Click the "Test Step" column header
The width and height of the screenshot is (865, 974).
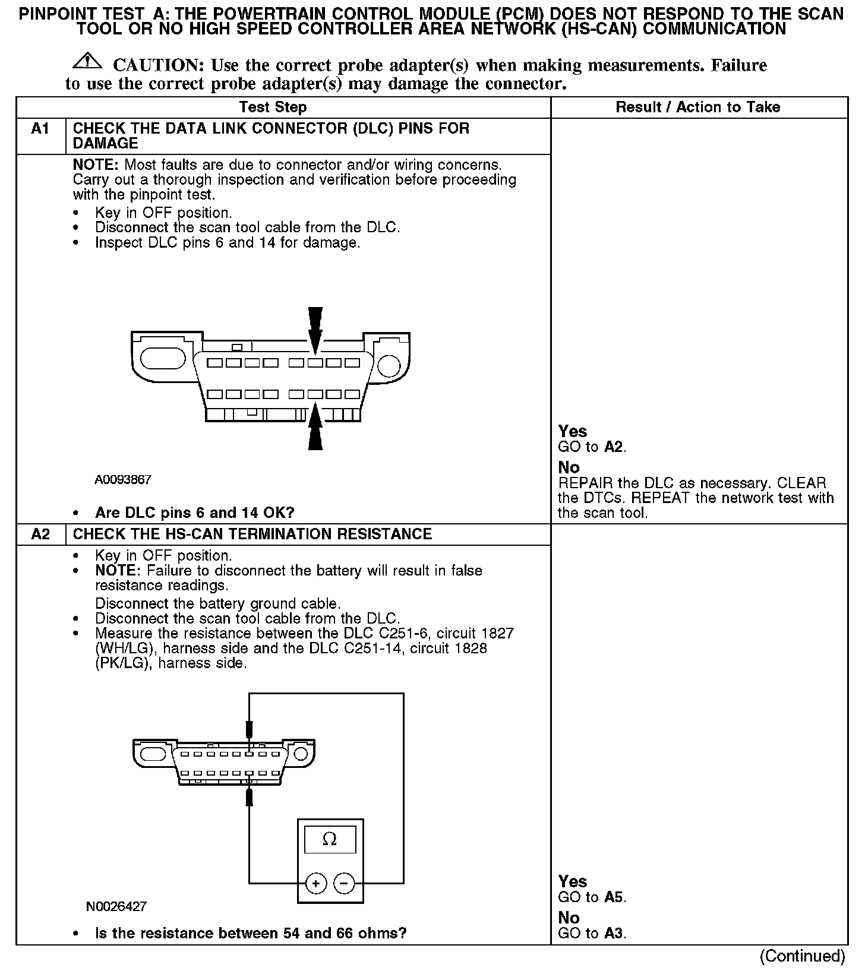point(273,107)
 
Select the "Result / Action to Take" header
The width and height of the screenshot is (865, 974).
point(697,107)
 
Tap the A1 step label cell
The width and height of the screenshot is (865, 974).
point(40,129)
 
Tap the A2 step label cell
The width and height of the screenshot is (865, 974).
point(40,534)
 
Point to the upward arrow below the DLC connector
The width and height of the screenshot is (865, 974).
point(315,426)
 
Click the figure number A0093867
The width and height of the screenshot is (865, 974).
point(123,479)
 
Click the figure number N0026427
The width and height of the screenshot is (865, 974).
point(116,906)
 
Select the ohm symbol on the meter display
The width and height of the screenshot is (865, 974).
point(329,839)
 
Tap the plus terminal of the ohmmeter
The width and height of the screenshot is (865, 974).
point(316,884)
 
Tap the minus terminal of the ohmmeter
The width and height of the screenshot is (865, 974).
point(344,884)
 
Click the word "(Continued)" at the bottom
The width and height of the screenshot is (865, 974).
point(802,956)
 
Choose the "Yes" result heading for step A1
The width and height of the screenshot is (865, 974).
point(573,432)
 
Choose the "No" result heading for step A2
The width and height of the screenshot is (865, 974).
point(569,918)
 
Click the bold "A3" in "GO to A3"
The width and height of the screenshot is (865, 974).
point(613,933)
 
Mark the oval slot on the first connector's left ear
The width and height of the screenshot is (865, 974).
point(163,362)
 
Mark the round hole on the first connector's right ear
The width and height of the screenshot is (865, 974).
point(389,364)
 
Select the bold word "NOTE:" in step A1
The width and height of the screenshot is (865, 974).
point(96,165)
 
